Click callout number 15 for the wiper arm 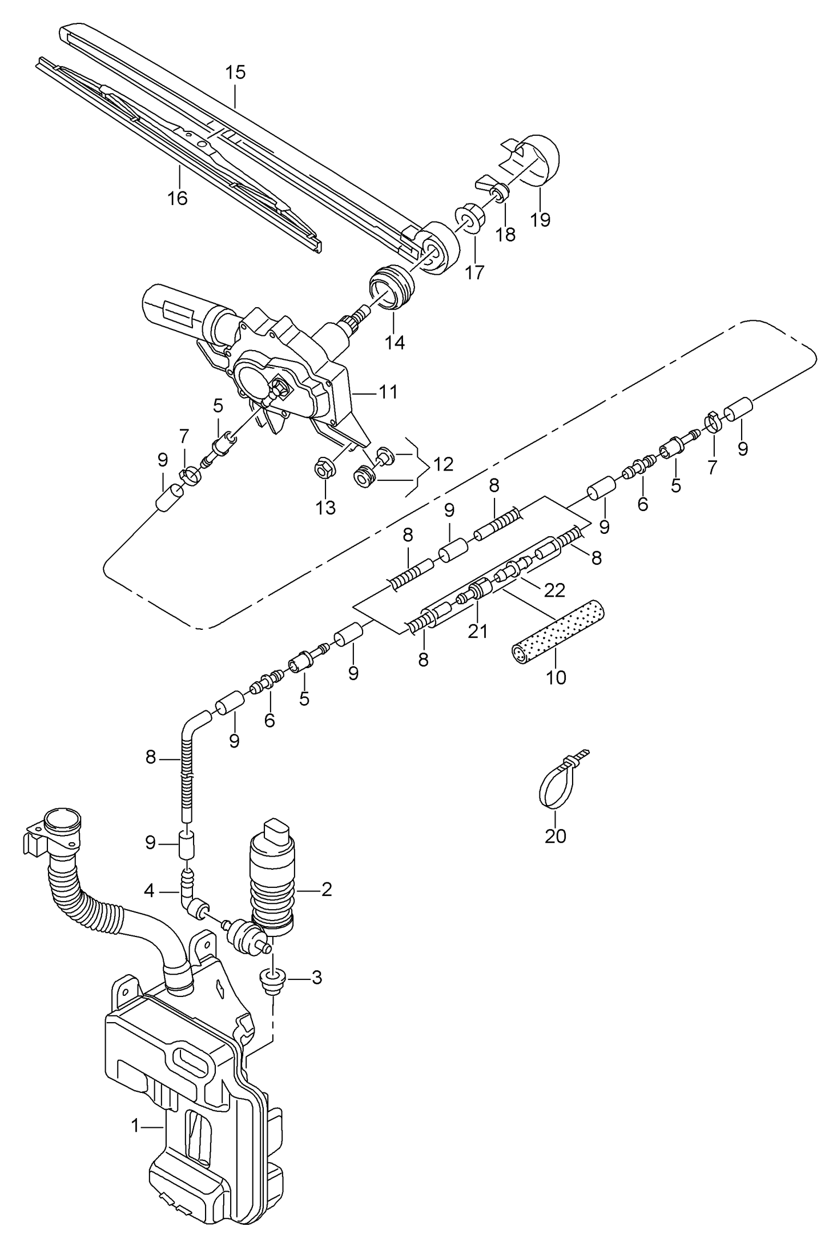click(235, 73)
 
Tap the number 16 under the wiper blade click(178, 198)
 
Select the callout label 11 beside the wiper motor click(388, 392)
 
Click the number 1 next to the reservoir click(135, 1126)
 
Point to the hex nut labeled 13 click(325, 470)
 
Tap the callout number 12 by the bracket click(444, 464)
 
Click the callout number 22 click(554, 590)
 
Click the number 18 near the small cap click(506, 234)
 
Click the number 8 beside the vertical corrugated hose click(150, 757)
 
